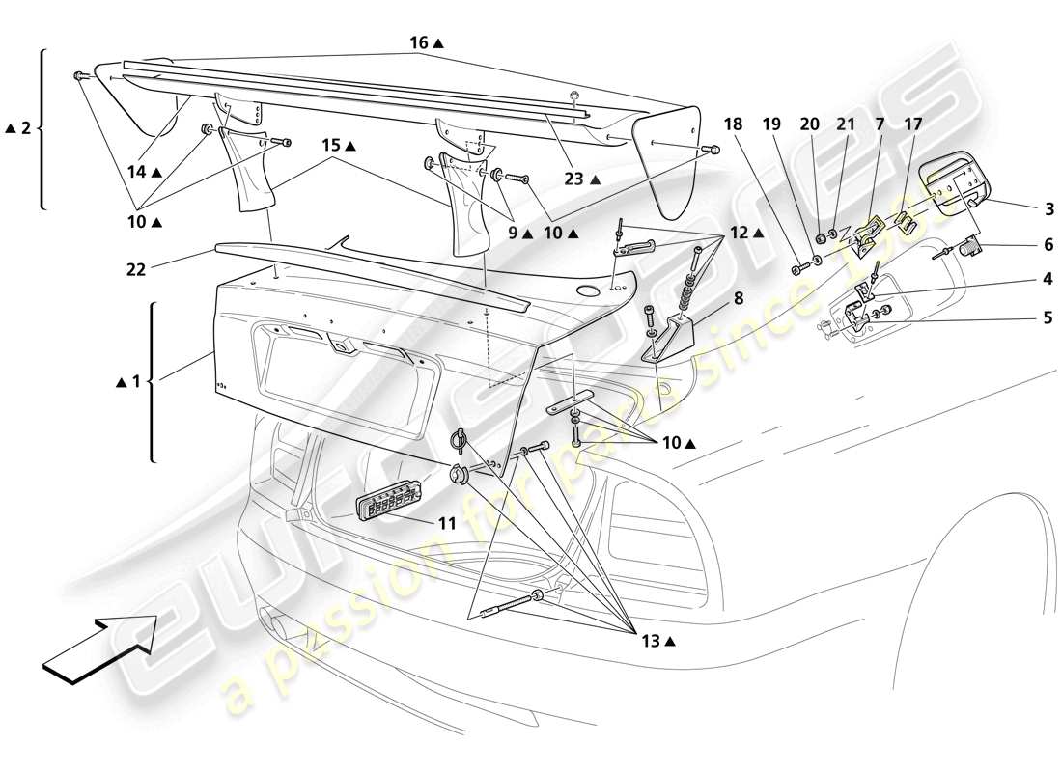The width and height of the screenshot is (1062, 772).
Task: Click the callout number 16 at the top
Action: (x=418, y=43)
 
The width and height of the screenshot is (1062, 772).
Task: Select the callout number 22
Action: (x=135, y=270)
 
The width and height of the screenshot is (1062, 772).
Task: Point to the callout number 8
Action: (x=738, y=299)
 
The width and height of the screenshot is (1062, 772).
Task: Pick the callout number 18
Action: (x=734, y=124)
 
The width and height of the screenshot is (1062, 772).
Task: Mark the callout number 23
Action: (x=573, y=179)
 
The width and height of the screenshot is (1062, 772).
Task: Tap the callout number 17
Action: (x=913, y=124)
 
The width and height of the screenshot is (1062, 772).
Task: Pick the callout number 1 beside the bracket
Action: (x=135, y=382)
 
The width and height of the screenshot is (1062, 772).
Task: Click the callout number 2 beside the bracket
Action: (x=26, y=127)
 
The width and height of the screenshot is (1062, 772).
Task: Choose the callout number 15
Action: (x=331, y=146)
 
